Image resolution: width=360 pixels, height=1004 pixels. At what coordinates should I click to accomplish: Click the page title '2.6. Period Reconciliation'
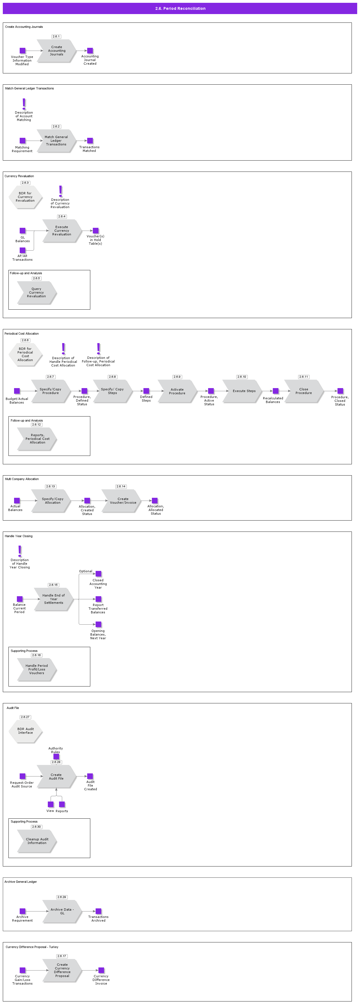click(180, 8)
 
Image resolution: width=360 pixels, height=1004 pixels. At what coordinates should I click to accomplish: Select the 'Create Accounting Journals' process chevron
click(57, 51)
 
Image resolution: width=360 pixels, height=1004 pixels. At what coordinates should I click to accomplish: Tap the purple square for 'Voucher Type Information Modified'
click(22, 51)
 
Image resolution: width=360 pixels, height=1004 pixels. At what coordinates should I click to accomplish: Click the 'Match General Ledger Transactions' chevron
click(56, 141)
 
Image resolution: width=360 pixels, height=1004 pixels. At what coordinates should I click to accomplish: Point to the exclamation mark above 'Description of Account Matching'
click(24, 104)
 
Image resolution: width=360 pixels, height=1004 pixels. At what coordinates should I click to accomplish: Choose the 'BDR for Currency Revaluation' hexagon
click(25, 197)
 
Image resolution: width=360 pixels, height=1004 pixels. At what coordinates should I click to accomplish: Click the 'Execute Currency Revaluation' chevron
click(62, 231)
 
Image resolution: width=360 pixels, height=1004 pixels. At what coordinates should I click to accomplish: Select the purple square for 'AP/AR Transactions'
click(22, 250)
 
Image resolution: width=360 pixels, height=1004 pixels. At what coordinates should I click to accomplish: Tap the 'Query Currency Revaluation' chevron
click(37, 293)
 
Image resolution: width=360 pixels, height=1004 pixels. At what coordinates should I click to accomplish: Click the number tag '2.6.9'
click(177, 377)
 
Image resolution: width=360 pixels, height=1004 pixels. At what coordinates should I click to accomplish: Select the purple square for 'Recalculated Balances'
click(275, 391)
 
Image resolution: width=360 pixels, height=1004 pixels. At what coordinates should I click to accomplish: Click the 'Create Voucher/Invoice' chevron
click(122, 501)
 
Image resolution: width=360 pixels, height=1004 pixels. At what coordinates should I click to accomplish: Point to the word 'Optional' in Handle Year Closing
click(86, 571)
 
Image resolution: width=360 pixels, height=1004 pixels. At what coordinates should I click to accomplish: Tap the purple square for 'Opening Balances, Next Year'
click(98, 624)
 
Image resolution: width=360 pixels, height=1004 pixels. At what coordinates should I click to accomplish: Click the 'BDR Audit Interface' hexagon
click(26, 731)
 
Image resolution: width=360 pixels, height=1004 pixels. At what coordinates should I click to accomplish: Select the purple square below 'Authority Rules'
click(56, 757)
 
